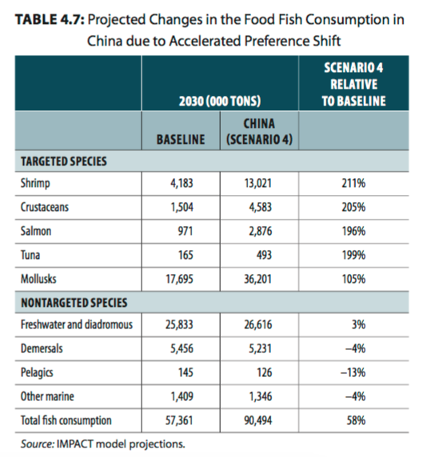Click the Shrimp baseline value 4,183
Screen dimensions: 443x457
pos(182,183)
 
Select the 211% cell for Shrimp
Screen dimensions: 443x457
pos(353,183)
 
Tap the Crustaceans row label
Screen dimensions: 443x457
pos(45,207)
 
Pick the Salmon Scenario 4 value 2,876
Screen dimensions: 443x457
pos(260,231)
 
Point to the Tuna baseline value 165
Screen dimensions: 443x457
pos(186,255)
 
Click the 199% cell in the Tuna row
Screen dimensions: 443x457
pos(353,255)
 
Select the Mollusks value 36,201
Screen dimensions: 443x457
pos(257,279)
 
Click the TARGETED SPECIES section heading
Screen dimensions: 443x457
pos(64,161)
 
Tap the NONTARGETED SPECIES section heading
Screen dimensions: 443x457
pos(74,303)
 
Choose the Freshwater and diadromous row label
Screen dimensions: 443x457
pos(77,324)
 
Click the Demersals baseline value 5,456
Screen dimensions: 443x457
pos(182,348)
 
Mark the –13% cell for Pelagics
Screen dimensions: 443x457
pos(353,372)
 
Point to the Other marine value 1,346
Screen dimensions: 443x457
pos(261,396)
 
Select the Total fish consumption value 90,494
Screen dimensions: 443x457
pos(257,420)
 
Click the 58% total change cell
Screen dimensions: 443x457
pos(356,420)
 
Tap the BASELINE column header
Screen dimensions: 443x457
pos(181,139)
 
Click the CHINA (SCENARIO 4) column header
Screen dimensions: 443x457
pos(259,132)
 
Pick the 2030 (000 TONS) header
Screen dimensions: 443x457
pos(220,101)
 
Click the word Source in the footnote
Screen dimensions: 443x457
pos(38,444)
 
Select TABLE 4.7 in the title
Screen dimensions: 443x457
pos(50,20)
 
